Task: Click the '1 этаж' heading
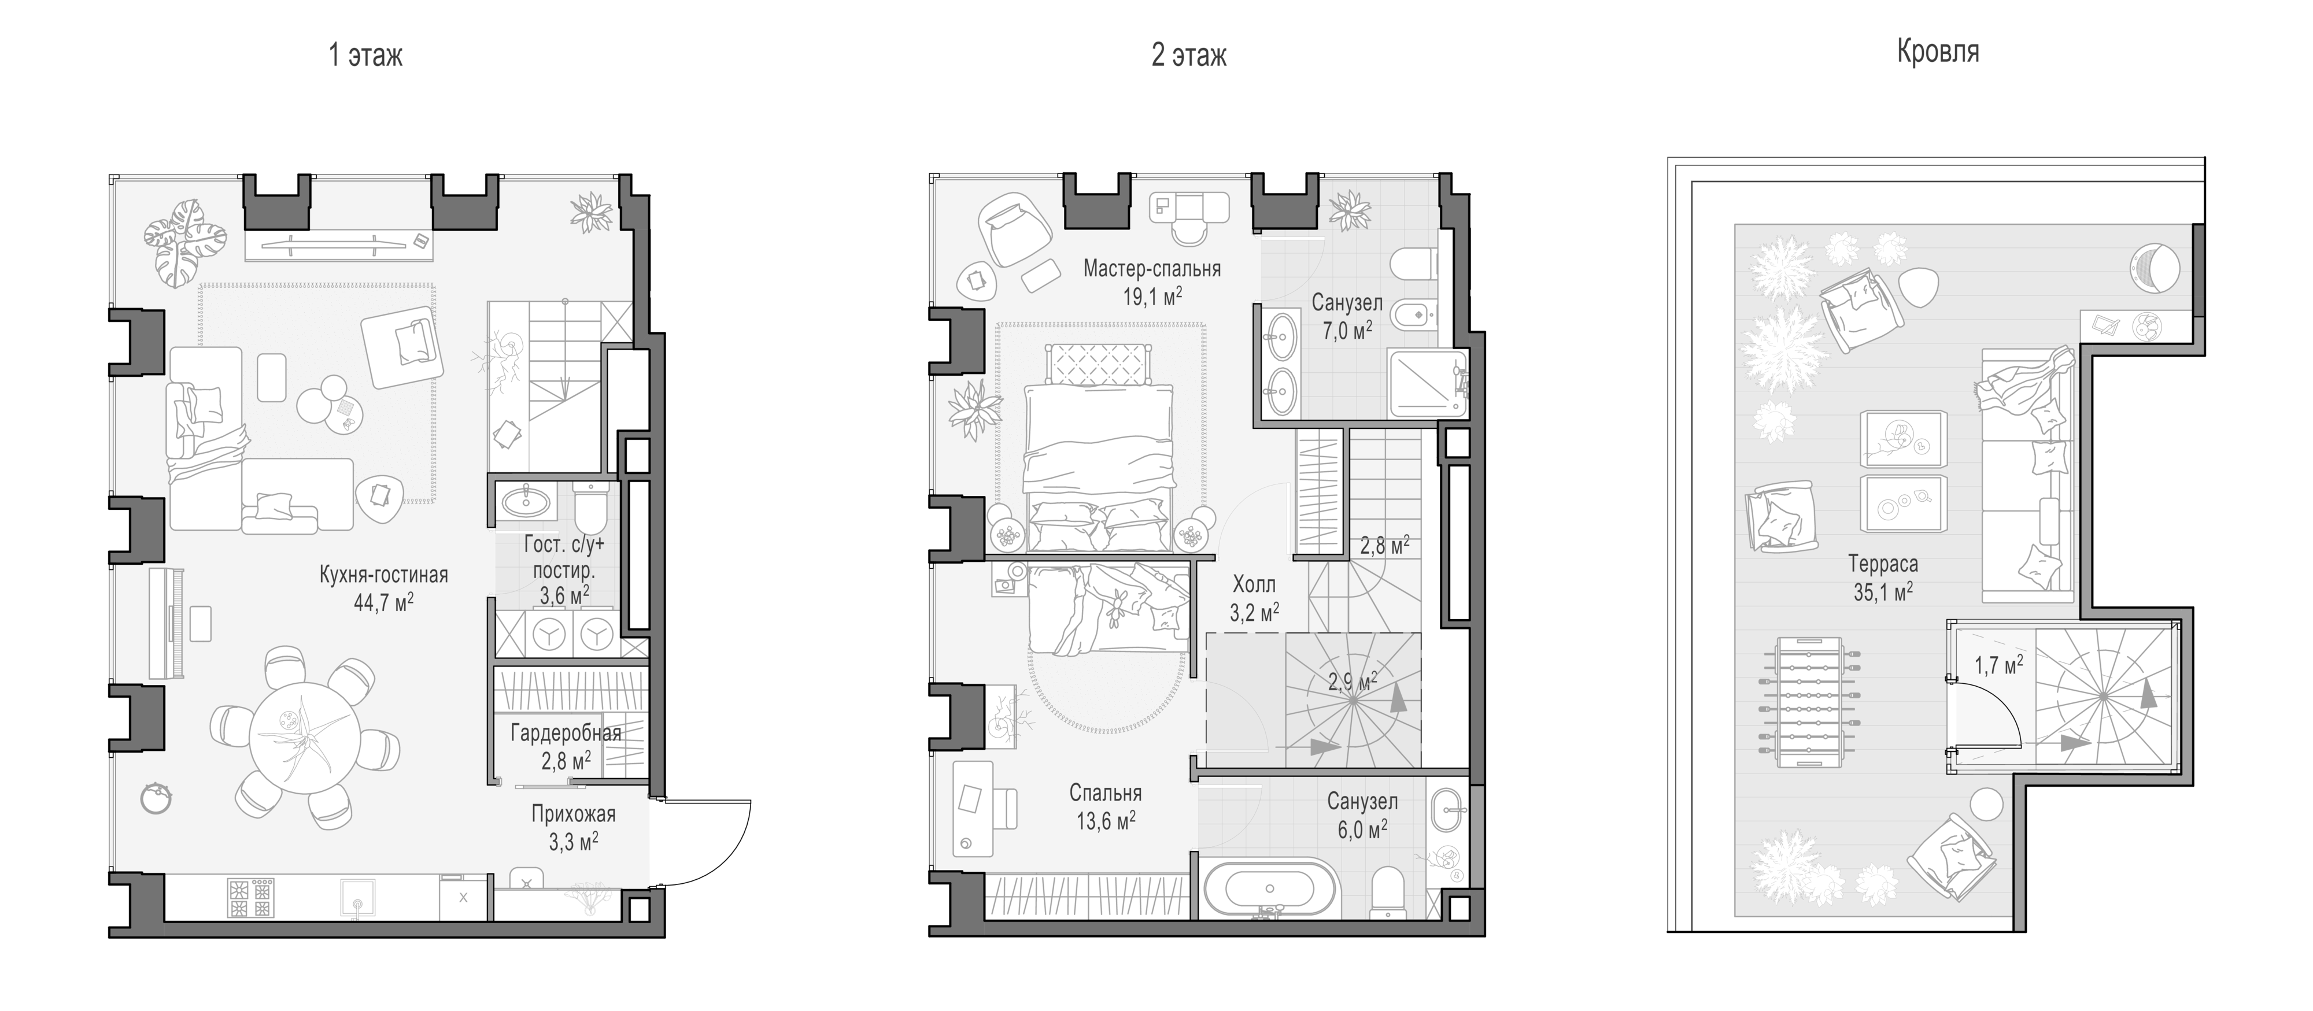tap(365, 55)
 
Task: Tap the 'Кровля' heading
tap(1938, 51)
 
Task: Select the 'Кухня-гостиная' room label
tap(383, 575)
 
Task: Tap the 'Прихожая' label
tap(574, 814)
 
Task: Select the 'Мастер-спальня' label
tap(1152, 268)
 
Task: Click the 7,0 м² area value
tap(1347, 331)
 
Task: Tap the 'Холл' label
tap(1254, 584)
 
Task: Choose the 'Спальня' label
tap(1105, 793)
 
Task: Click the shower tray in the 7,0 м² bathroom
tap(1428, 384)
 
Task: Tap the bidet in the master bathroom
tap(1410, 315)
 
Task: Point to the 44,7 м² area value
tap(383, 602)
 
